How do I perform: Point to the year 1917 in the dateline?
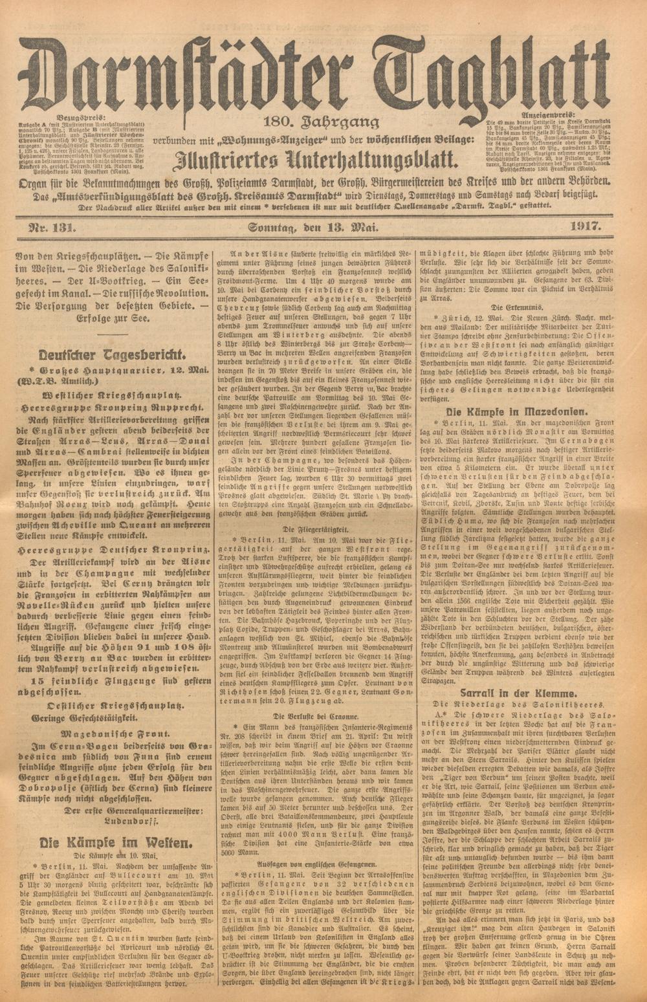click(x=586, y=226)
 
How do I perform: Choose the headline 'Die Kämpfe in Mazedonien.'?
click(x=515, y=412)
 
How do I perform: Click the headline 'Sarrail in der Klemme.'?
click(x=515, y=691)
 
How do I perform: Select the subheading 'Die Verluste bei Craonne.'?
click(x=314, y=716)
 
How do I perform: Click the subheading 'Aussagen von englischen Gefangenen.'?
click(x=314, y=864)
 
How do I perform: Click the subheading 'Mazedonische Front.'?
click(x=113, y=734)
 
